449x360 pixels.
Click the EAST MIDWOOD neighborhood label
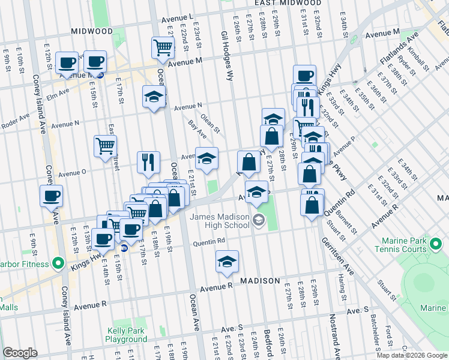click(285, 3)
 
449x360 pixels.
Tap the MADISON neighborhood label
click(261, 281)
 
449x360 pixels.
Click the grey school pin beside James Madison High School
click(258, 220)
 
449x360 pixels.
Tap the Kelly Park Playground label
click(126, 335)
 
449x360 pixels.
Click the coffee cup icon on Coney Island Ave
click(51, 196)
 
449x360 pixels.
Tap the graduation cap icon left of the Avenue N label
click(154, 96)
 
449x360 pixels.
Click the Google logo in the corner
click(20, 353)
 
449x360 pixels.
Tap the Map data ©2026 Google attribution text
click(411, 355)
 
